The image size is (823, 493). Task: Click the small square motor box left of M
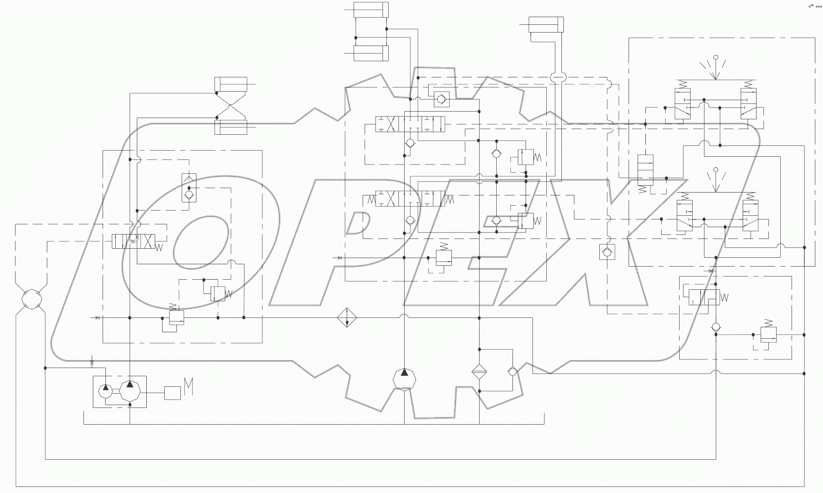172,393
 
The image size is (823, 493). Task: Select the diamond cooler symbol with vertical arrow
347,318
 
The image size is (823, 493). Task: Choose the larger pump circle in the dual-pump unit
130,390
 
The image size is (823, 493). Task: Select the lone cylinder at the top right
546,24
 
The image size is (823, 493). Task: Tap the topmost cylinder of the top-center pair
371,10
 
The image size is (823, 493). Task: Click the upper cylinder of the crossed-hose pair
231,84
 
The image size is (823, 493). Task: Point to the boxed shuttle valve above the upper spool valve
441,99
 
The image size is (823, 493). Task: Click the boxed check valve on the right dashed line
607,252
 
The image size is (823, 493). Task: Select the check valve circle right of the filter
513,371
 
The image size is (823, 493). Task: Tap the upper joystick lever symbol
715,67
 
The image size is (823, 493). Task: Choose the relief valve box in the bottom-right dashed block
768,334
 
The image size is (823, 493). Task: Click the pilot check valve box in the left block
189,188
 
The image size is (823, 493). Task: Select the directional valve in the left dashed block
133,241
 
